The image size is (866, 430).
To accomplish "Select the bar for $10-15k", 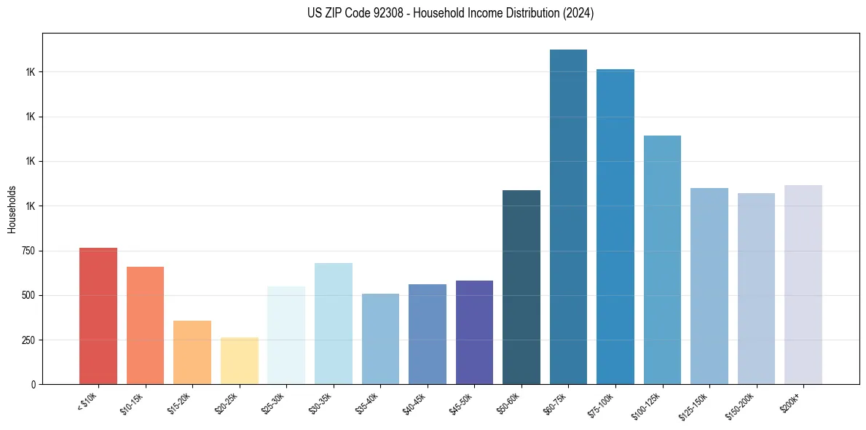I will [145, 325].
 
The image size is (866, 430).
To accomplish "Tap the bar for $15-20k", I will [192, 352].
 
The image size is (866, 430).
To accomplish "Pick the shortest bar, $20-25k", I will [239, 361].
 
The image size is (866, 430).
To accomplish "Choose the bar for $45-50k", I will [474, 332].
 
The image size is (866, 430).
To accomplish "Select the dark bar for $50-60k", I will [521, 287].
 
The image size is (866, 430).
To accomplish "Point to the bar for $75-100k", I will [615, 227].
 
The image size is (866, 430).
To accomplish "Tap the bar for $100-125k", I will [662, 259].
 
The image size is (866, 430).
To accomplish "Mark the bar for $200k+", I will [803, 284].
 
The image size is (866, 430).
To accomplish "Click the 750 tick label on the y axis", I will [27, 251].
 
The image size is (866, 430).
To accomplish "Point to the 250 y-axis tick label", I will [27, 340].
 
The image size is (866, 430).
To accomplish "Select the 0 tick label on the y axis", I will [33, 385].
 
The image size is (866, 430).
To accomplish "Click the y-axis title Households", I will [12, 209].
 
